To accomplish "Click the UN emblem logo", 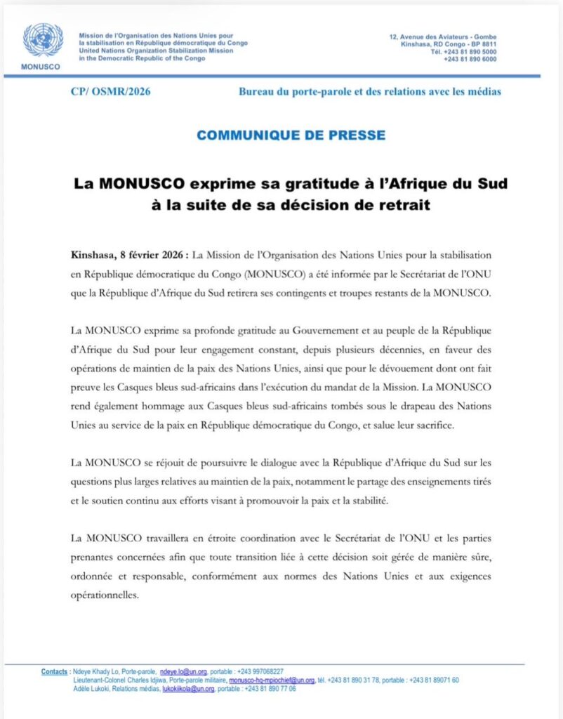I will pyautogui.click(x=43, y=41).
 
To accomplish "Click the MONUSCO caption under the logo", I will pyautogui.click(x=43, y=67).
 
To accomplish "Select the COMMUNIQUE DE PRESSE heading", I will pyautogui.click(x=291, y=134).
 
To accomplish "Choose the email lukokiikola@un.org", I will pyautogui.click(x=190, y=689).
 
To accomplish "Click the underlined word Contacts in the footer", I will pyautogui.click(x=55, y=672).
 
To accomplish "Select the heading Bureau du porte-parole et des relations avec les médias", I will pyautogui.click(x=370, y=92).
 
